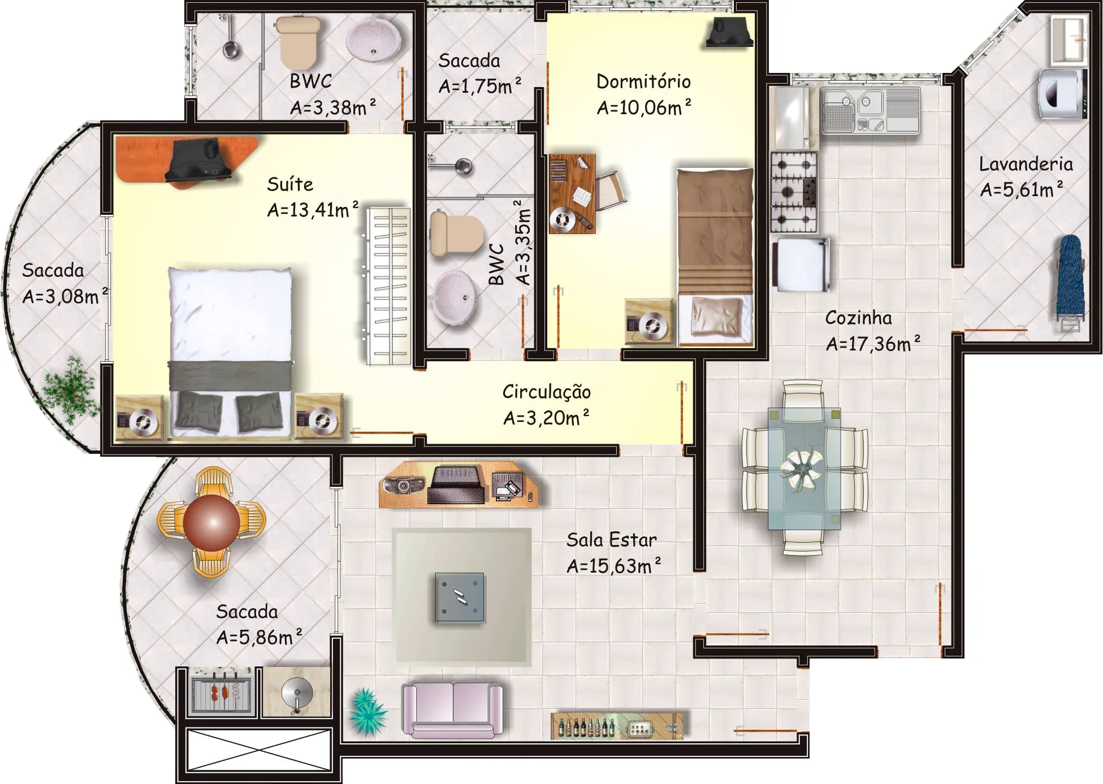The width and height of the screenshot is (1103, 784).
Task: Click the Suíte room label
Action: (290, 184)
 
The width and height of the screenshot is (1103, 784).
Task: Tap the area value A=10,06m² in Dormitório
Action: (644, 107)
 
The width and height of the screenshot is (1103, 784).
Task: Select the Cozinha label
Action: (858, 318)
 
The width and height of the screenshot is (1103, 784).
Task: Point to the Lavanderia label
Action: (1026, 164)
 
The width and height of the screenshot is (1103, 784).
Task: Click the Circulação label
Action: (546, 392)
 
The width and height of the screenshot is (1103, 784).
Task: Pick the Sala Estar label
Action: (611, 540)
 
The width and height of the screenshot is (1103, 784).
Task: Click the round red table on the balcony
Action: (211, 522)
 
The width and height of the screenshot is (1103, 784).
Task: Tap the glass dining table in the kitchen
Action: (804, 468)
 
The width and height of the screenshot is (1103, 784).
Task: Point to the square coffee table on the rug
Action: (460, 597)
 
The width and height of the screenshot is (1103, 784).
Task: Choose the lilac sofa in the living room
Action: (452, 710)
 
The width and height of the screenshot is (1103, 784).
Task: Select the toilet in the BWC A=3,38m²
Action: (298, 41)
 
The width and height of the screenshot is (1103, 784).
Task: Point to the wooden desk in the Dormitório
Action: (572, 193)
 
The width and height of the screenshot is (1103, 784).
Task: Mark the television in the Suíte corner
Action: (197, 159)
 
